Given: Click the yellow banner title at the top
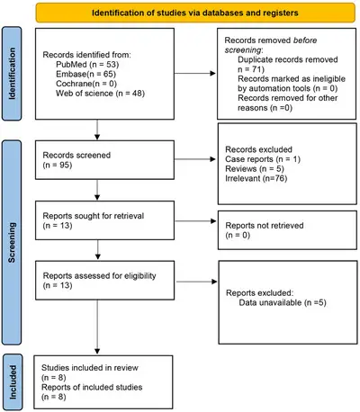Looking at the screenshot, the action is pos(195,13).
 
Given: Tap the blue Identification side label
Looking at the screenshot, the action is pos(12,74).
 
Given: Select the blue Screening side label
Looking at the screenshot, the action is pos(12,242).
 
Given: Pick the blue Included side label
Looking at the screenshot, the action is pos(13,381).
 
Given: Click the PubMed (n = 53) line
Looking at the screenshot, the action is pos(87,65).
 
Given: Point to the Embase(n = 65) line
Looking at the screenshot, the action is pos(85,74).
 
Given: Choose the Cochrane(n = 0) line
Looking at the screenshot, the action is pos(86,84).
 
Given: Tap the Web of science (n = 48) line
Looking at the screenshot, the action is pos(100,94).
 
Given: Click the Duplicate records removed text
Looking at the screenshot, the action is pos(288,59).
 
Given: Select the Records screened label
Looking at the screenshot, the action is pos(76,155).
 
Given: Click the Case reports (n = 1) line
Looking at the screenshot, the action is pos(263,159).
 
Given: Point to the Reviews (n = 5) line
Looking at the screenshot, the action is pos(255,168).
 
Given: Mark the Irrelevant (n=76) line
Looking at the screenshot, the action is pos(256,178).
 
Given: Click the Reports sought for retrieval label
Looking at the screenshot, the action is pos(94,216).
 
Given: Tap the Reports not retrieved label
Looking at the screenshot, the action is pos(265,225).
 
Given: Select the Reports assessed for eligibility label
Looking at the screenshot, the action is pos(99,275).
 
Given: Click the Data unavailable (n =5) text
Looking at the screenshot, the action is pos(283,302).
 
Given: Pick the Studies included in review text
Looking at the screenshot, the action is pos(90,368).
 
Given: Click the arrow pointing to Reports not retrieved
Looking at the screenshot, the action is pos(195,221).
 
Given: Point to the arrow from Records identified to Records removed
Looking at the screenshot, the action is pos(195,73).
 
